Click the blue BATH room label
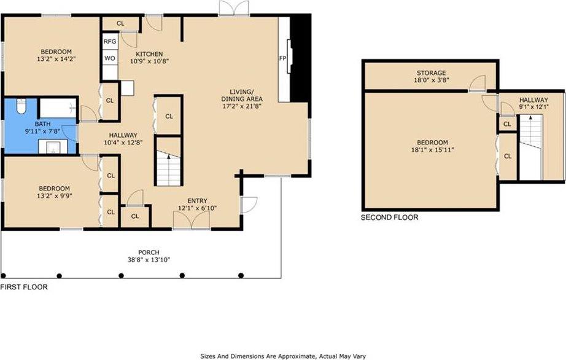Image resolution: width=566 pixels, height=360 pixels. point(42,124)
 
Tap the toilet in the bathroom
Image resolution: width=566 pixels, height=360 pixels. point(21,106)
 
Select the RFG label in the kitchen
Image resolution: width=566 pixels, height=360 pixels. point(110,42)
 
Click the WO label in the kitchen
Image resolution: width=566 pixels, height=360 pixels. point(110,58)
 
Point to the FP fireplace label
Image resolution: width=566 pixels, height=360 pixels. point(282,58)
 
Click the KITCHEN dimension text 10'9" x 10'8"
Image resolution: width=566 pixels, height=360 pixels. point(149,61)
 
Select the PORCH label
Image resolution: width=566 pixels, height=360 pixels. point(149,252)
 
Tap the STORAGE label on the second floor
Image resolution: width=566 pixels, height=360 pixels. point(432,73)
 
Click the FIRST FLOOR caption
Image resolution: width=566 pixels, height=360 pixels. point(24,287)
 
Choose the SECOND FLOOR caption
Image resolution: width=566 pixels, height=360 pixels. point(389,217)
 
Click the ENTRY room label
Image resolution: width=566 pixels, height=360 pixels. point(198,201)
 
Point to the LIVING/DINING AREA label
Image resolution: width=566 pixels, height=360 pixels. point(242,95)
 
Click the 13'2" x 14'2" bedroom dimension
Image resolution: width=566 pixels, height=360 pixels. point(56,59)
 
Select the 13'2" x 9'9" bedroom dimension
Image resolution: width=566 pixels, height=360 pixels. point(55,196)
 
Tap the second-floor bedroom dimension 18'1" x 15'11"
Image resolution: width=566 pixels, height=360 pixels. point(432,149)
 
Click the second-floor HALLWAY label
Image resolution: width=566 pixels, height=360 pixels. point(534,100)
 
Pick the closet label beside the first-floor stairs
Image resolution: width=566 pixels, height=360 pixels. point(169,116)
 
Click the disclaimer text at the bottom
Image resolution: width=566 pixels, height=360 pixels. point(283,356)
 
